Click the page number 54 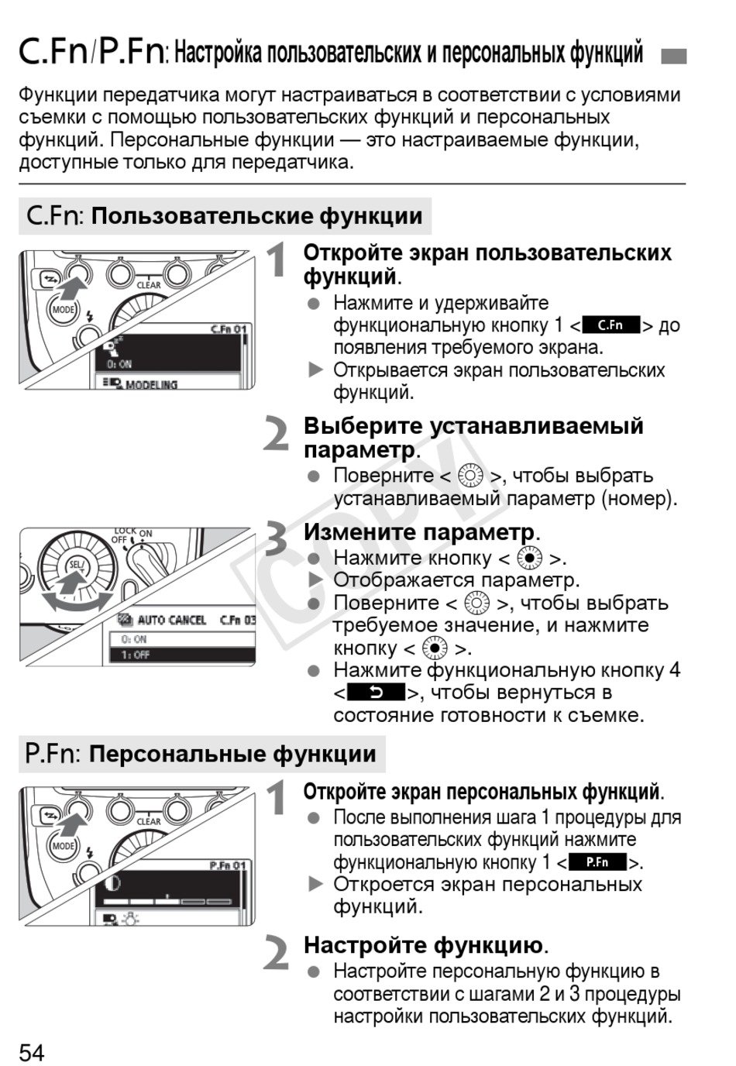pyautogui.click(x=32, y=1052)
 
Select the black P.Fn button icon pyautogui.click(x=597, y=862)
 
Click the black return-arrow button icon pyautogui.click(x=377, y=693)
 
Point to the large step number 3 pyautogui.click(x=277, y=539)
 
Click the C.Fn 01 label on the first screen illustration pyautogui.click(x=229, y=329)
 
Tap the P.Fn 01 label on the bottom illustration pyautogui.click(x=228, y=865)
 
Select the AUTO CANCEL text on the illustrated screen pyautogui.click(x=171, y=620)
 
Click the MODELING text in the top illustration pyautogui.click(x=151, y=384)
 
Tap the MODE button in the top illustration pyautogui.click(x=64, y=310)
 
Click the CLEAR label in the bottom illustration pyautogui.click(x=148, y=821)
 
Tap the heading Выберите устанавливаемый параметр pyautogui.click(x=473, y=437)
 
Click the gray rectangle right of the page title pyautogui.click(x=673, y=56)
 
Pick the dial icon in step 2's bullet pyautogui.click(x=470, y=476)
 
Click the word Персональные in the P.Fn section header pyautogui.click(x=166, y=754)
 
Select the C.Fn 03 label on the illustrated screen pyautogui.click(x=237, y=620)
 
